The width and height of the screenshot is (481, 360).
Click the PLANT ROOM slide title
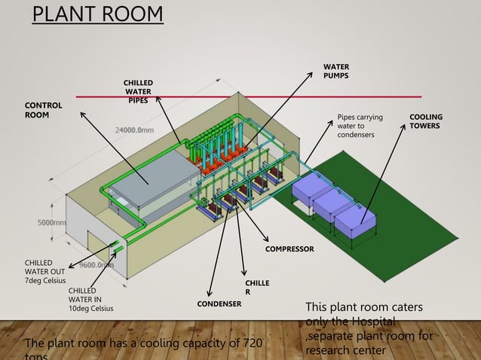point(97,14)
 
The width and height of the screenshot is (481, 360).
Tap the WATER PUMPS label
point(336,72)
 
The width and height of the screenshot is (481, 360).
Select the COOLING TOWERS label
point(426,121)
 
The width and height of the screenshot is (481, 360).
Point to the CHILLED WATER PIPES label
point(138,92)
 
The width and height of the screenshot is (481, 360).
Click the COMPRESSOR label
point(290,248)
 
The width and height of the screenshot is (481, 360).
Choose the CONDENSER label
point(219,304)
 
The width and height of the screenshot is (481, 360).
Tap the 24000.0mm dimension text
point(134,130)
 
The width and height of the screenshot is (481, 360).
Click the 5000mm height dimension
point(51,223)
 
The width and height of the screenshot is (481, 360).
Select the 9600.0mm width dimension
point(96,265)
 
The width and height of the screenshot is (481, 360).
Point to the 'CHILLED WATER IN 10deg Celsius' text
point(93,299)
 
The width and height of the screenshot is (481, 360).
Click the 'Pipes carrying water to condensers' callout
point(360,126)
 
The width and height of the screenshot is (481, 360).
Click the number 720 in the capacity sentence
point(251,344)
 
